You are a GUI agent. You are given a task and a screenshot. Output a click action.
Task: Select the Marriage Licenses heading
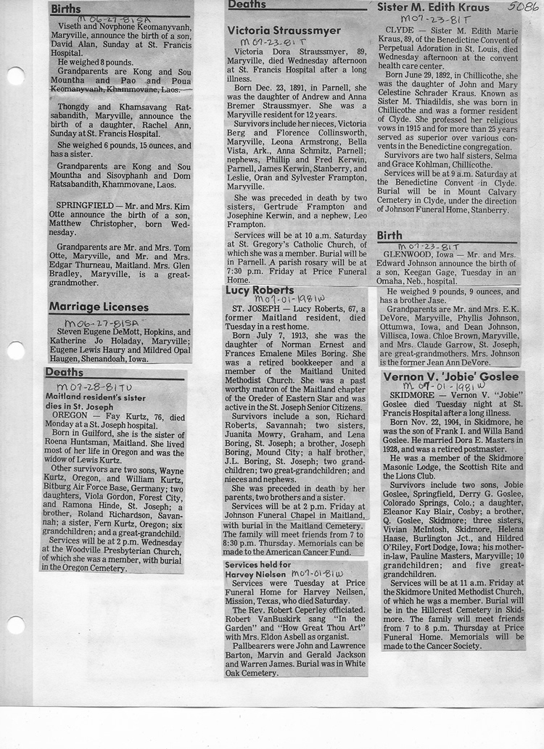99,307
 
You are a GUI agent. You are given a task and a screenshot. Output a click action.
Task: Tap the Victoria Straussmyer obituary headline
284,30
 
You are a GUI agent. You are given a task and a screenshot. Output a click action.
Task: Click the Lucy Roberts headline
260,290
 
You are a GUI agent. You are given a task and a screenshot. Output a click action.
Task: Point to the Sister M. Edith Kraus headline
433,8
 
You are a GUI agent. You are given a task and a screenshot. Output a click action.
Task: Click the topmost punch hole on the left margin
15,76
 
